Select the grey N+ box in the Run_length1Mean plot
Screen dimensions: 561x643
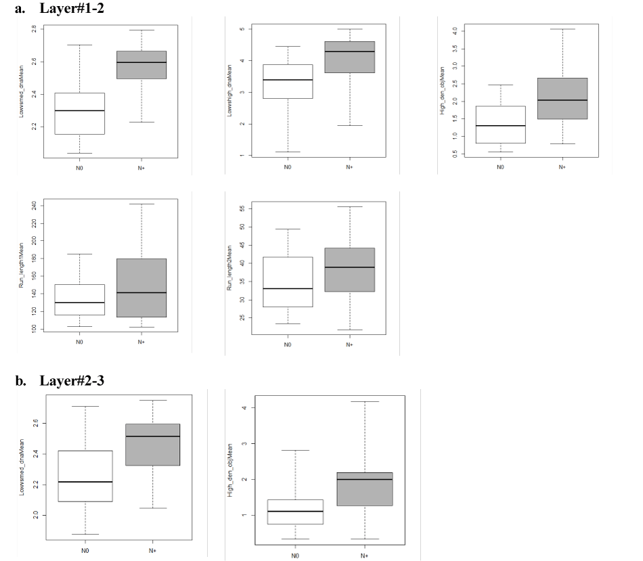coord(141,288)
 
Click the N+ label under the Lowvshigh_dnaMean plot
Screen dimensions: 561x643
coord(349,166)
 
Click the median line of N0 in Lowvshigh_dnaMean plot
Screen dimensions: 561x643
coord(288,80)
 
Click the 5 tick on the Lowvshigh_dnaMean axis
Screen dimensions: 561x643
coord(242,29)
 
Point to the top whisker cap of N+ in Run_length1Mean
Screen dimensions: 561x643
coord(141,204)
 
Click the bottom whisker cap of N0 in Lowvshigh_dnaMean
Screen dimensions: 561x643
coord(288,152)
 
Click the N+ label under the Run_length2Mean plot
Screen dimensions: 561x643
coord(349,345)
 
